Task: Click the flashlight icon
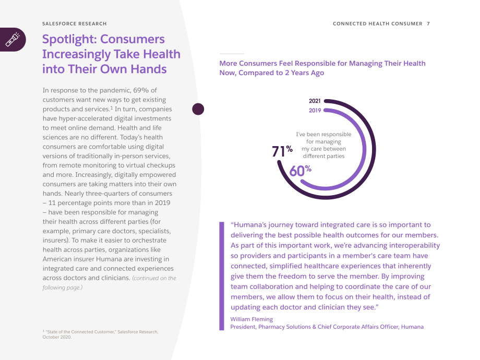[x=13, y=40]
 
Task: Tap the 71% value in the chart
[x=282, y=151]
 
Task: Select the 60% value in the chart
[x=301, y=171]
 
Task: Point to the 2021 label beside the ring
[x=315, y=101]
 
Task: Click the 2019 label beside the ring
[x=315, y=111]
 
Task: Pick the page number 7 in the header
[x=428, y=23]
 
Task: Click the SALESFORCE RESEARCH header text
[x=75, y=23]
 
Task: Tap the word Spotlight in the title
[x=69, y=40]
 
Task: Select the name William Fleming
[x=251, y=319]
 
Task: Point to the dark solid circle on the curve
[x=198, y=109]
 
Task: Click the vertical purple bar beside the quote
[x=222, y=276]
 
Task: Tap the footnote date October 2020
[x=57, y=337]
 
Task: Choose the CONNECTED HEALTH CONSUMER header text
[x=377, y=23]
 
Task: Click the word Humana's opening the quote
[x=248, y=225]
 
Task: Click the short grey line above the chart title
[x=232, y=54]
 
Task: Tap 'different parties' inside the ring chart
[x=323, y=156]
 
